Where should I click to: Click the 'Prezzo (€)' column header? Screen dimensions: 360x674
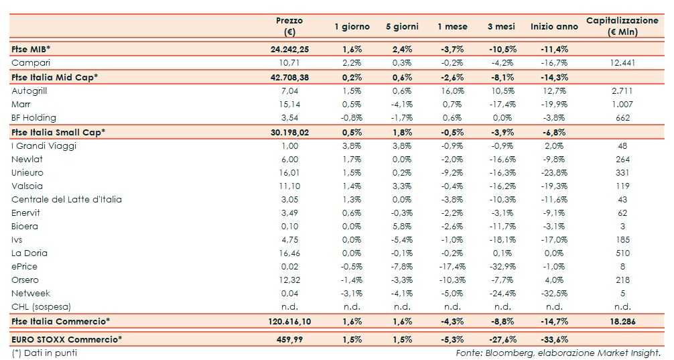coord(289,26)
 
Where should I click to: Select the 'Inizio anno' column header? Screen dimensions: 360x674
coord(553,27)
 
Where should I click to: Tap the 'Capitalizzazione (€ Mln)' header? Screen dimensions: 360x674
coord(622,26)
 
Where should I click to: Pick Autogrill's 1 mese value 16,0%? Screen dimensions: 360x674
coord(451,91)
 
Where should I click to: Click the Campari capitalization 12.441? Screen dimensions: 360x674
coord(622,62)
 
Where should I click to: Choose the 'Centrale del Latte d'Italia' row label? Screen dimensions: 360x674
coord(66,199)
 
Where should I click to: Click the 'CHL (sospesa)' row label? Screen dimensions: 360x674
coord(42,306)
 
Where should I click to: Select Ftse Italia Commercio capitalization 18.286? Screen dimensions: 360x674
coord(622,322)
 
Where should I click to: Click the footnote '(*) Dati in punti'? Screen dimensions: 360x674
coord(44,352)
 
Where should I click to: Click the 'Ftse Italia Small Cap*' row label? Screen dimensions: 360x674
coord(58,132)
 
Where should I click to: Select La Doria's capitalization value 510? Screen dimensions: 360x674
coord(622,253)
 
